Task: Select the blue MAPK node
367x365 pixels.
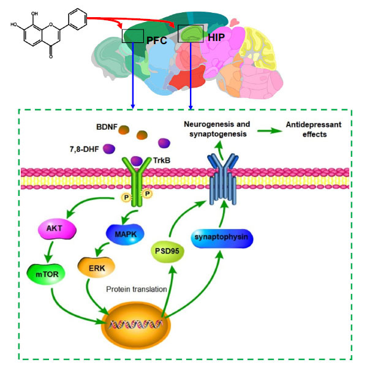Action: [x=125, y=235]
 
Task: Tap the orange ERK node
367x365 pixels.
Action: [x=96, y=268]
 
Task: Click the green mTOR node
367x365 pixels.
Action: [x=46, y=274]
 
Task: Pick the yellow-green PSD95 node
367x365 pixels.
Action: [x=167, y=252]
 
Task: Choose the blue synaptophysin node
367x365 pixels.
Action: [x=222, y=238]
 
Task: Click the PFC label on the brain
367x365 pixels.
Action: [x=157, y=40]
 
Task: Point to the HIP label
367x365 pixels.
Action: [x=216, y=37]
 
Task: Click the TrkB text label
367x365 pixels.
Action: [x=162, y=160]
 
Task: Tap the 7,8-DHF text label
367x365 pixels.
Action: [x=85, y=149]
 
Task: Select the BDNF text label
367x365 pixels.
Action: [x=107, y=127]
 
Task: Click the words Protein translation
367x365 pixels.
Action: [x=137, y=290]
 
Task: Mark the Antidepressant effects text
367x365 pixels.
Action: [x=314, y=129]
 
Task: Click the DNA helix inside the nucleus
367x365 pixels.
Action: [x=136, y=325]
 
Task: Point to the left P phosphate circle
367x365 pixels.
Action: [x=126, y=198]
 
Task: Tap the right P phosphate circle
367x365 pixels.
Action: [x=148, y=194]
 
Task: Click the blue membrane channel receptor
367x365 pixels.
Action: [x=223, y=179]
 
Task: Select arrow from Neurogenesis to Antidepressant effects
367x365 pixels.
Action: [x=270, y=130]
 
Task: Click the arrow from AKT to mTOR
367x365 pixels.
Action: [x=49, y=252]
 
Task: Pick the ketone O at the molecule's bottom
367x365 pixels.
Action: [x=51, y=56]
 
